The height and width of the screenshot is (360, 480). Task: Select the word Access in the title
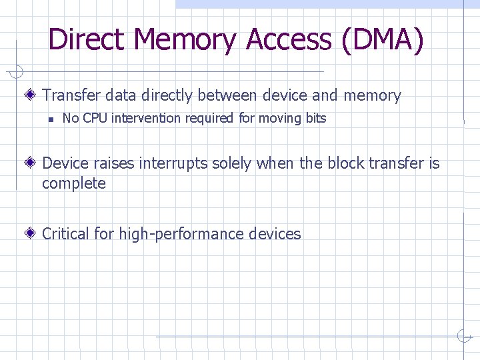click(288, 39)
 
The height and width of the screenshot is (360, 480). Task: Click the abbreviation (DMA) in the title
click(381, 39)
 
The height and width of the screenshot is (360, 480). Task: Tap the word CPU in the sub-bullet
click(96, 119)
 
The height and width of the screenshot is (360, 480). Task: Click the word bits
click(315, 119)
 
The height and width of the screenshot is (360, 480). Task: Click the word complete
click(74, 183)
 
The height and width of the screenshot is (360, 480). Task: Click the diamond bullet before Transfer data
click(32, 95)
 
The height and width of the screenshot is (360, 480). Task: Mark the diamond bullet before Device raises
click(32, 163)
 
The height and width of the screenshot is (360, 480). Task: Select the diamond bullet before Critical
click(32, 234)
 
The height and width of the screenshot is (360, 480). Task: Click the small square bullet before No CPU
click(49, 119)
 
